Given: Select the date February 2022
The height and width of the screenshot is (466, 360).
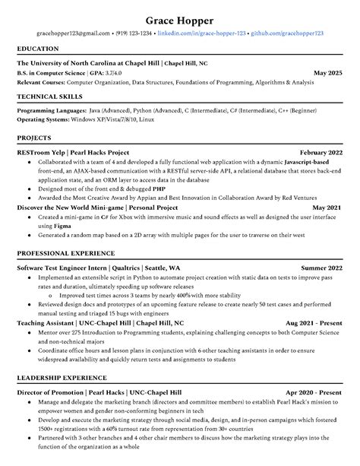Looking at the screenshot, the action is tap(321, 151).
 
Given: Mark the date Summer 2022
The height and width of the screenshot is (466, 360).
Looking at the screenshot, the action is tap(321, 268).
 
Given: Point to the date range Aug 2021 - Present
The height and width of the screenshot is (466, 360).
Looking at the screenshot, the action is tap(314, 322).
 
